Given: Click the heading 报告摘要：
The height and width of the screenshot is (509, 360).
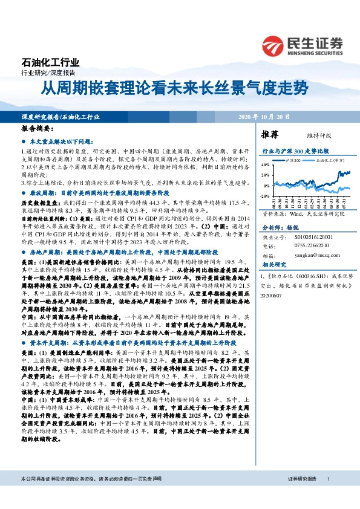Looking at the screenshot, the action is click(x=37, y=129).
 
